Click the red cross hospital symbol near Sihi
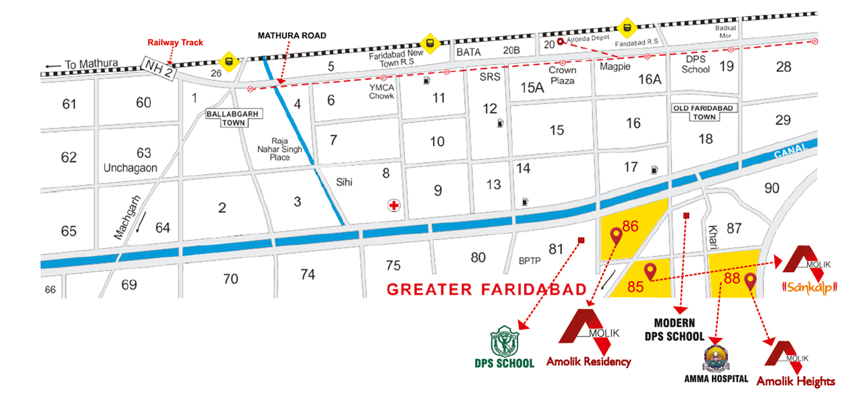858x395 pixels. pos(394,205)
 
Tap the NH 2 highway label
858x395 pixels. pos(158,68)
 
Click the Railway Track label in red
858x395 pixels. pos(175,43)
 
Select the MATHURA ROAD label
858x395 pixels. pos(292,36)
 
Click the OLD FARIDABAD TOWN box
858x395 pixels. pos(704,112)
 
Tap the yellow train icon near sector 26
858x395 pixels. pos(230,61)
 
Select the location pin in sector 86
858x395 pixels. pos(616,235)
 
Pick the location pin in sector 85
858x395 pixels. pos(649,271)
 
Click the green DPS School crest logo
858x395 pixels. pos(503,341)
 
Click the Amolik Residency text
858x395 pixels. pos(589,361)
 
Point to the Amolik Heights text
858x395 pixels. pos(796,381)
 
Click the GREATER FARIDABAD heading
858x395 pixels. pos(487,290)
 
